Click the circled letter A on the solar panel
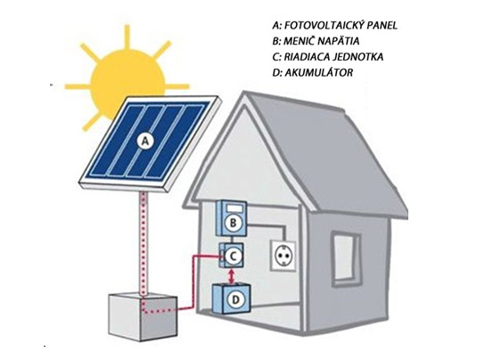pyautogui.click(x=145, y=141)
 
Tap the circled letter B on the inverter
pyautogui.click(x=233, y=223)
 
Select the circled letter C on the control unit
pyautogui.click(x=233, y=256)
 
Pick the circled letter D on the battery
pyautogui.click(x=235, y=300)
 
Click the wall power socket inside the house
pyautogui.click(x=283, y=256)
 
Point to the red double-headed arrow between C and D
pyautogui.click(x=232, y=276)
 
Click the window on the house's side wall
pyautogui.click(x=347, y=259)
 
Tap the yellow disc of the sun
pyautogui.click(x=127, y=84)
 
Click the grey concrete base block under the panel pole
pyautogui.click(x=143, y=316)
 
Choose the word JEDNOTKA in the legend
pyautogui.click(x=357, y=57)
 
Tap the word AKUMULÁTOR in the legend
pyautogui.click(x=318, y=72)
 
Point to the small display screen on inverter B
pyautogui.click(x=234, y=209)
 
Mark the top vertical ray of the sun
pyautogui.click(x=127, y=37)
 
